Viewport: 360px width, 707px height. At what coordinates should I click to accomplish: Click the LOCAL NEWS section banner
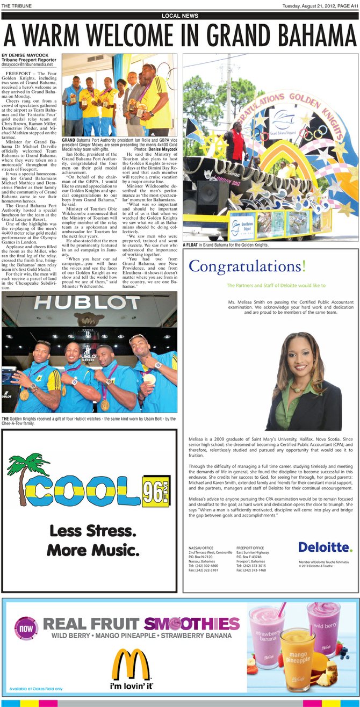(179, 16)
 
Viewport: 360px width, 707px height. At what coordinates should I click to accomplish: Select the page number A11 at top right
(351, 6)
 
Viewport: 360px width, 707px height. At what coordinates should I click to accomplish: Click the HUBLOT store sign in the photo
(89, 303)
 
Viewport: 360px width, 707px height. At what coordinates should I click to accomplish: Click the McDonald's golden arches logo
(130, 665)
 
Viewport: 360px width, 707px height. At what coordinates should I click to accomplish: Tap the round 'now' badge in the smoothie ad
(26, 627)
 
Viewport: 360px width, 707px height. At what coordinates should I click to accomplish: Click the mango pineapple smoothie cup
(297, 659)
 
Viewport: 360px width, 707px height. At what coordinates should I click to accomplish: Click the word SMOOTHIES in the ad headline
(191, 623)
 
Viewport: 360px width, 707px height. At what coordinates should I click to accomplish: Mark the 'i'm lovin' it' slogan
(131, 687)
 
